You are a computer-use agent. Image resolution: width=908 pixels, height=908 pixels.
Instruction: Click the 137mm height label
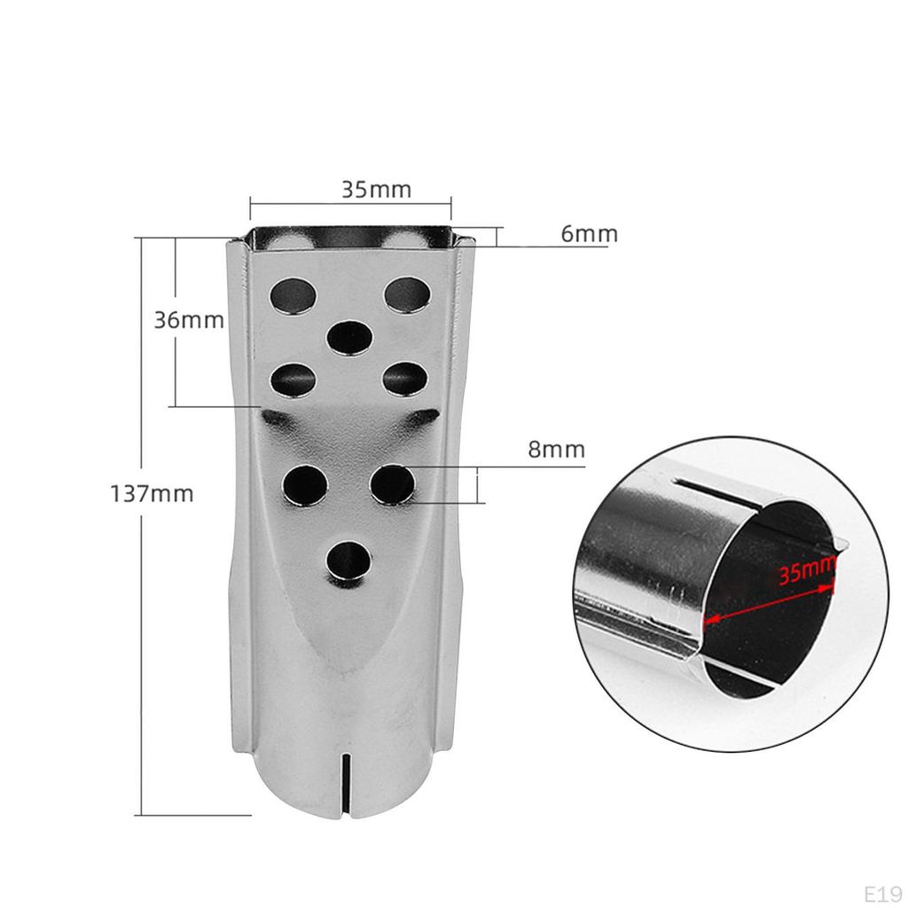tap(152, 494)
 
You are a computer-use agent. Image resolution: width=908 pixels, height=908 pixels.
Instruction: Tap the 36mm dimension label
tap(189, 319)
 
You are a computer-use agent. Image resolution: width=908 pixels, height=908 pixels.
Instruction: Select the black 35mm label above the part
tap(376, 190)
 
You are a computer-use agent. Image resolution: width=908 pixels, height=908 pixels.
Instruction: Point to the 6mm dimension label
tap(590, 233)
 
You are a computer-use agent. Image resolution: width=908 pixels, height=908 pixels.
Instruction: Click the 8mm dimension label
tap(557, 450)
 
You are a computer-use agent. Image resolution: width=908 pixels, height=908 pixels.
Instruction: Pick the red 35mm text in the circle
tap(808, 571)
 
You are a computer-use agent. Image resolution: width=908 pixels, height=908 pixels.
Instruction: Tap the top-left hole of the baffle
tap(294, 295)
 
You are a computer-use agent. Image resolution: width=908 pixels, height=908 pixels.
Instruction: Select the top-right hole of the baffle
tap(408, 294)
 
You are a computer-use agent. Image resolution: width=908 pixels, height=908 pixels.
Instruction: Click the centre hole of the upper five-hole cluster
tap(349, 338)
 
